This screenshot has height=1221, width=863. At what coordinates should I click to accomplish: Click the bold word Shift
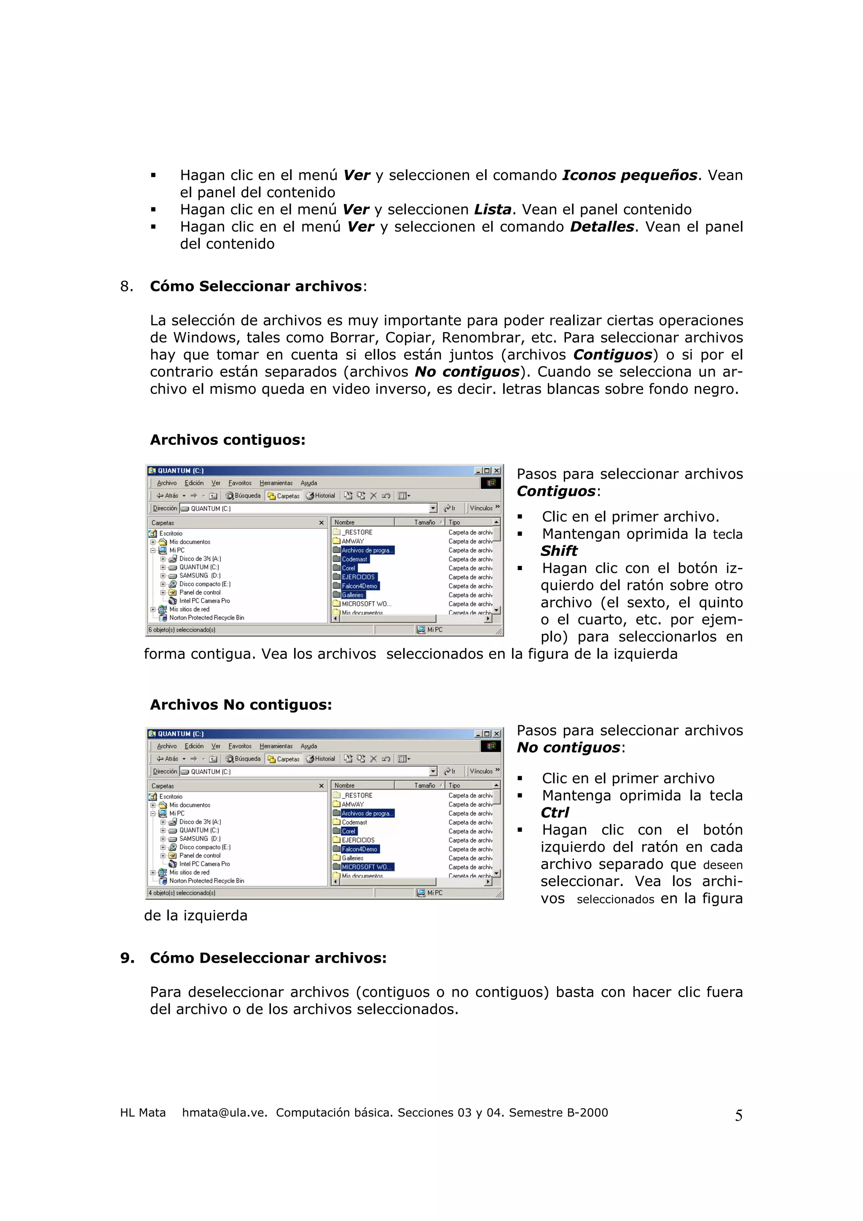pyautogui.click(x=559, y=551)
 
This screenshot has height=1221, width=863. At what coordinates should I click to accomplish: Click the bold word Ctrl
pyautogui.click(x=555, y=813)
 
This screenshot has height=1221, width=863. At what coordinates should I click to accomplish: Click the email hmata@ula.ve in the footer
pyautogui.click(x=224, y=1113)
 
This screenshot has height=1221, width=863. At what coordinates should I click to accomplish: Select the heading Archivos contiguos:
pyautogui.click(x=228, y=440)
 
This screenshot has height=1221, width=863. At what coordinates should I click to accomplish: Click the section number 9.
pyautogui.click(x=126, y=958)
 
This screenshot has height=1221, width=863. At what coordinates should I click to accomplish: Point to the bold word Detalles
pyautogui.click(x=602, y=227)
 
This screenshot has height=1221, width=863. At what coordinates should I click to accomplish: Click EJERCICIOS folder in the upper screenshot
pyautogui.click(x=358, y=577)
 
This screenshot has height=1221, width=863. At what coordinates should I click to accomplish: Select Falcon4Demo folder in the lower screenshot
pyautogui.click(x=359, y=849)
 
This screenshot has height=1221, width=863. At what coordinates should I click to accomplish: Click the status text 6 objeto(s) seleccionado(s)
pyautogui.click(x=182, y=629)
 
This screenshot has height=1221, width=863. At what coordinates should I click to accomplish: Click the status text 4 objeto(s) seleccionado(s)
pyautogui.click(x=182, y=893)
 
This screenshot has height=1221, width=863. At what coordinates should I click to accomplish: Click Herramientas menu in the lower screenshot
pyautogui.click(x=276, y=746)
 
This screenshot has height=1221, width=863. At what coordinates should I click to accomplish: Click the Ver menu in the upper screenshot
pyautogui.click(x=215, y=483)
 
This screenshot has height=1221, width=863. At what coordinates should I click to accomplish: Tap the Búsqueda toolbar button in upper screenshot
pyautogui.click(x=244, y=495)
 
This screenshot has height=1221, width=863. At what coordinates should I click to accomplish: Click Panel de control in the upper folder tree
pyautogui.click(x=199, y=592)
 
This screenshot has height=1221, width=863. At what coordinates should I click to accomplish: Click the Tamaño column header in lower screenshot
pyautogui.click(x=424, y=785)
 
